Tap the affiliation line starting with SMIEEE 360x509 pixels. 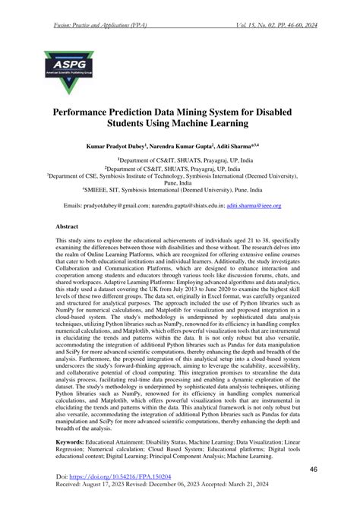pos(180,191)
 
